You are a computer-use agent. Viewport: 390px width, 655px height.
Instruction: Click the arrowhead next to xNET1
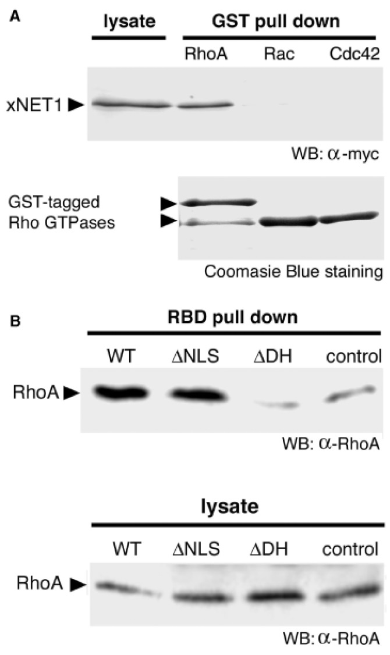[x=75, y=105]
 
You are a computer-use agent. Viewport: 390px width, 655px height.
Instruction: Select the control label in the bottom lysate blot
[x=350, y=549]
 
